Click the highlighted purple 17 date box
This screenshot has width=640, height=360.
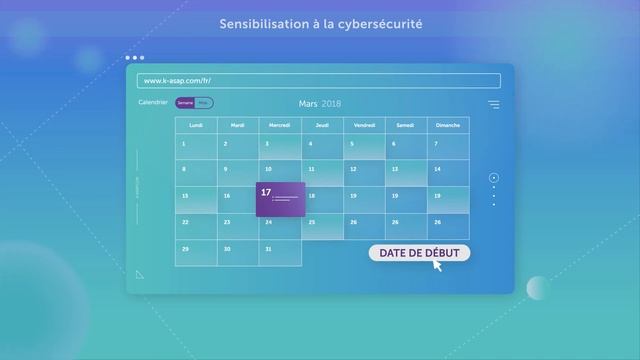point(280,200)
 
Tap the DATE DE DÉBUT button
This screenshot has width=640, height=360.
point(419,253)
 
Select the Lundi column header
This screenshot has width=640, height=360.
point(196,125)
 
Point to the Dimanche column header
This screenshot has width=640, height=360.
point(448,125)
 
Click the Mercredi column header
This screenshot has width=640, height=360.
point(280,125)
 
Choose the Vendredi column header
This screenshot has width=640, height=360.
point(364,125)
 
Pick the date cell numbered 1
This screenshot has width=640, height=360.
point(196,148)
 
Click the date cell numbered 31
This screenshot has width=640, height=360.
point(238,253)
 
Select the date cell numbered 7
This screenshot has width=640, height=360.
point(448,148)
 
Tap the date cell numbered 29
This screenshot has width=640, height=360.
point(196,253)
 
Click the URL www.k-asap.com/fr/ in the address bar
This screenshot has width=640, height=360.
point(177,80)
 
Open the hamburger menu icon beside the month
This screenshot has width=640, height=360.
point(493,104)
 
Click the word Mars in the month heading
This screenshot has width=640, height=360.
point(308,103)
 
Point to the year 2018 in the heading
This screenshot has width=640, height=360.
point(331,103)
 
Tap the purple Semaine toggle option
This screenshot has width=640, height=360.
point(185,103)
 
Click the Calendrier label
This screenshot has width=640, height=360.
point(153,103)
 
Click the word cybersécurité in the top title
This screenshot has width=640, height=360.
point(379,23)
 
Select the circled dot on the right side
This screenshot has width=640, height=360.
point(493,178)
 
